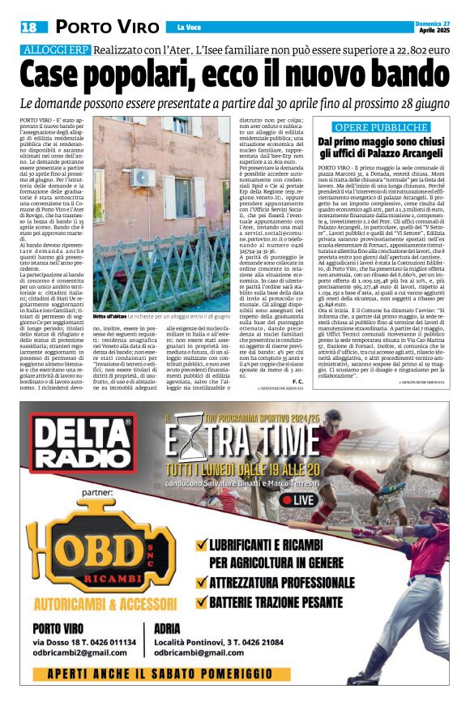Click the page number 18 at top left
tap(28, 28)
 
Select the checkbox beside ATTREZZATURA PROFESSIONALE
tap(199, 581)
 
